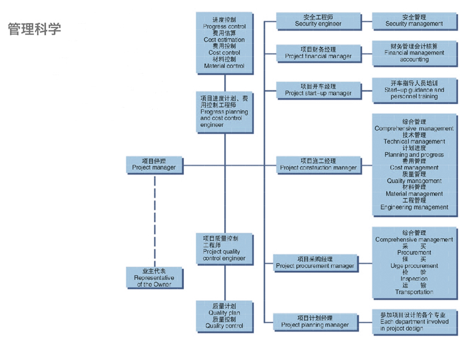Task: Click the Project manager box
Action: [x=154, y=164]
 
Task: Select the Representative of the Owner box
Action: [x=154, y=278]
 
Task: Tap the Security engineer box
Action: [x=318, y=20]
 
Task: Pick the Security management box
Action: [x=414, y=20]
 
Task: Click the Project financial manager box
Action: [x=318, y=53]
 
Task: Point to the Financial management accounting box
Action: [x=414, y=53]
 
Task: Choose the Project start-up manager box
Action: [x=318, y=90]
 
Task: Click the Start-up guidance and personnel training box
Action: [x=414, y=89]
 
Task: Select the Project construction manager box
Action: [x=318, y=164]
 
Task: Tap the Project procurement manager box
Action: [x=315, y=263]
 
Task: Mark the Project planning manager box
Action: [x=315, y=322]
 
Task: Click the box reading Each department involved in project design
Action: [x=414, y=321]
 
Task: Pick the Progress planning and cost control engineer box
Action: [x=224, y=111]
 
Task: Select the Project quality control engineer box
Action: [x=224, y=248]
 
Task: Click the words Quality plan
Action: [x=224, y=313]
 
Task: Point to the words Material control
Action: [x=224, y=66]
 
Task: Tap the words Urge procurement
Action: [x=414, y=266]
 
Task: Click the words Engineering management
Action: [x=414, y=208]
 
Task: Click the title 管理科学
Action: [x=34, y=29]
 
